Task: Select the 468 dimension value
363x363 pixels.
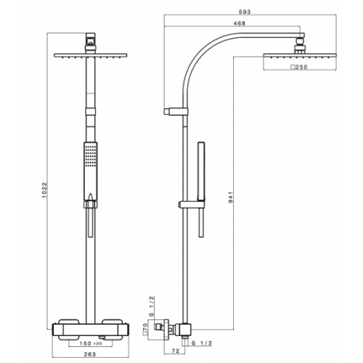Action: pyautogui.click(x=232, y=23)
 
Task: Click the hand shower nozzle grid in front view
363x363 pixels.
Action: pyautogui.click(x=89, y=154)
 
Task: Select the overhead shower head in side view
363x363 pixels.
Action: pyautogui.click(x=297, y=57)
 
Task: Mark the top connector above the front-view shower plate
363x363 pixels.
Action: pyautogui.click(x=90, y=41)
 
